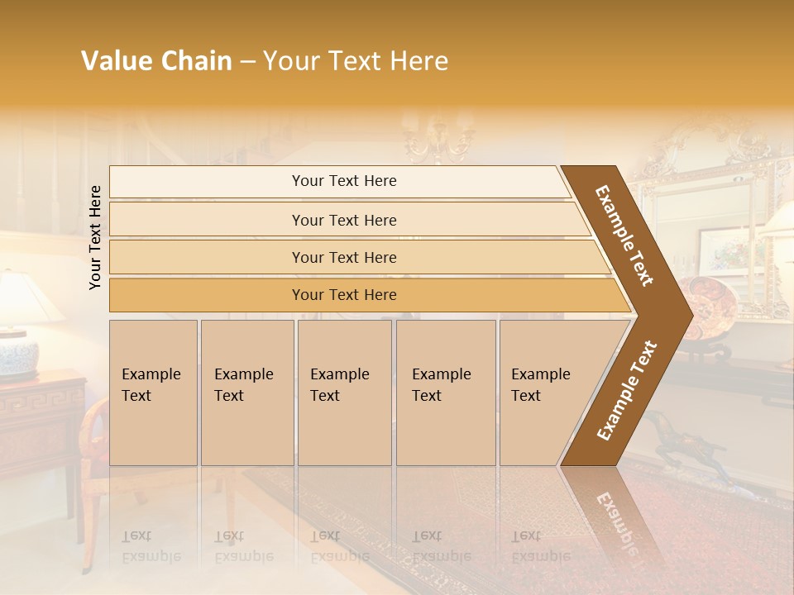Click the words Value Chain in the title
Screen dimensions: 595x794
tap(156, 61)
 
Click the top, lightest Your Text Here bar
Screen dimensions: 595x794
tap(343, 181)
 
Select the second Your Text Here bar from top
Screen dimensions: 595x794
tap(343, 220)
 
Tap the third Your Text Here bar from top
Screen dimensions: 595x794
tap(343, 257)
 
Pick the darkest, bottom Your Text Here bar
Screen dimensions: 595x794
tap(343, 295)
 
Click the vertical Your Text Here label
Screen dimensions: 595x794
tap(95, 237)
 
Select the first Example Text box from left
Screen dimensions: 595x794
tap(153, 393)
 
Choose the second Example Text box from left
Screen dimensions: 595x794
tap(246, 393)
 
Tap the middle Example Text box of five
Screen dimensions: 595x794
tap(344, 393)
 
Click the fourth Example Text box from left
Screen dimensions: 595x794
tap(445, 393)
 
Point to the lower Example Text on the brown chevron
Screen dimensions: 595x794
tap(627, 390)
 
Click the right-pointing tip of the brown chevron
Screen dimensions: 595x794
tap(688, 314)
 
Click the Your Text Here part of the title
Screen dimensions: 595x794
tap(356, 61)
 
